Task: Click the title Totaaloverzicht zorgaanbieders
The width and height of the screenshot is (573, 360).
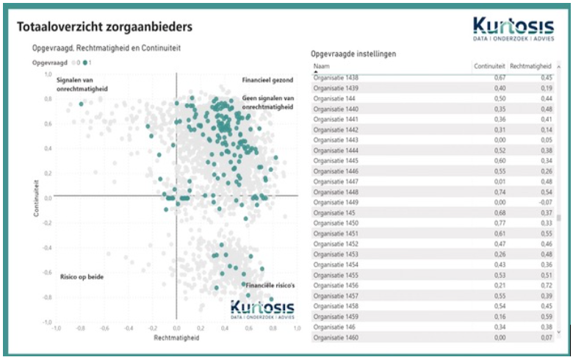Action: (x=104, y=27)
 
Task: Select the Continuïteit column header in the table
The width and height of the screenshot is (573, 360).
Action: (x=489, y=66)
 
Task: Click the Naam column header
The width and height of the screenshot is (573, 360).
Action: (x=321, y=66)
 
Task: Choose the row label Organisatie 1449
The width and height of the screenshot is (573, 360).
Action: (x=336, y=202)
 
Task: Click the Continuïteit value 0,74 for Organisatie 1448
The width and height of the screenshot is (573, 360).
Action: (x=500, y=192)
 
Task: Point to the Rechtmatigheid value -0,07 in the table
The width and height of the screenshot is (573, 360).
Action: (x=546, y=202)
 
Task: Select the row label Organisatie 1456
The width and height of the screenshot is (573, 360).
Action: (x=336, y=284)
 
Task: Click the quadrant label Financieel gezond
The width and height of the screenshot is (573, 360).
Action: (x=268, y=79)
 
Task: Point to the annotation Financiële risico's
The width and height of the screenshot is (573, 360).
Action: (x=269, y=284)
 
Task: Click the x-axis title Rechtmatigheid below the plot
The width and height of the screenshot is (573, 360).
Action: (x=176, y=339)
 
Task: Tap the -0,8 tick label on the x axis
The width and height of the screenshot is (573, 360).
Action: (x=79, y=328)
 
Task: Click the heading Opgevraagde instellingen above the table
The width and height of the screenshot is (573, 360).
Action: (x=354, y=54)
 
